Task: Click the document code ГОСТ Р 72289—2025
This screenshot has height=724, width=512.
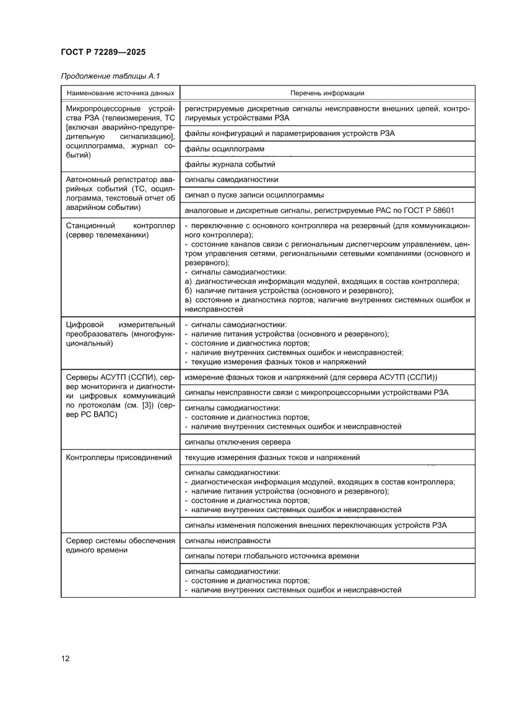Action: [103, 52]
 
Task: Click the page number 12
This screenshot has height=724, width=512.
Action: [65, 658]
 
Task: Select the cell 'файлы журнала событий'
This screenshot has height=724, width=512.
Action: [230, 164]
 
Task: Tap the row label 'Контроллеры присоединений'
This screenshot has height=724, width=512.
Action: [118, 458]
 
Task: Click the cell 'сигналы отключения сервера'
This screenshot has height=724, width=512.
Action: [238, 442]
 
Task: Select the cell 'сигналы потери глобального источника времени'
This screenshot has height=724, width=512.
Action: [272, 556]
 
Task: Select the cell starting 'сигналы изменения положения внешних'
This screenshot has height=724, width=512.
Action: [316, 525]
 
